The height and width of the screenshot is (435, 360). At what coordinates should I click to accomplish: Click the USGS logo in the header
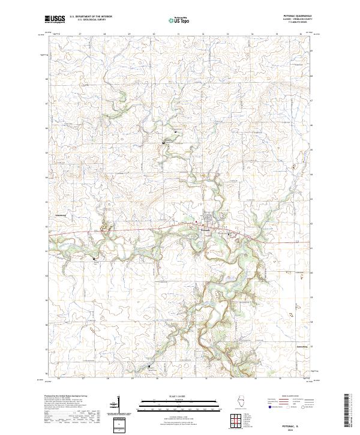point(55,19)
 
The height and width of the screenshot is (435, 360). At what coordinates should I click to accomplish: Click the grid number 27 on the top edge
point(80,34)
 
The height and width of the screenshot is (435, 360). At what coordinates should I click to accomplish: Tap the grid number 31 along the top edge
point(179,34)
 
